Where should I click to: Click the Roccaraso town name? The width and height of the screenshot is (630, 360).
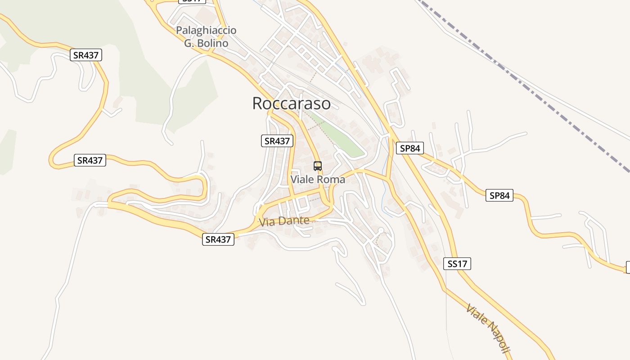click(x=291, y=103)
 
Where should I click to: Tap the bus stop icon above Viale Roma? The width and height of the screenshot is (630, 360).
click(x=318, y=166)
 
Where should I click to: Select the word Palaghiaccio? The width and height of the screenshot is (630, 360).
click(x=206, y=31)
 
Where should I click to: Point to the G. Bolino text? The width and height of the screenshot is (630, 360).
click(x=206, y=43)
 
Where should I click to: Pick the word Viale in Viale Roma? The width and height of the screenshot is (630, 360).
click(x=302, y=180)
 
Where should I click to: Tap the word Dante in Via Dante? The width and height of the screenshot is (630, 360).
click(x=294, y=220)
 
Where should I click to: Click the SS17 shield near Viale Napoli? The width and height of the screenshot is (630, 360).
click(x=457, y=264)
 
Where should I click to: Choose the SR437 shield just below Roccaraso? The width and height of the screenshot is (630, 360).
click(x=277, y=141)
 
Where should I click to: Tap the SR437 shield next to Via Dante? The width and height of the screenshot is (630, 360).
click(x=218, y=239)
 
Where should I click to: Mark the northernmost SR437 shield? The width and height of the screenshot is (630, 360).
click(x=86, y=55)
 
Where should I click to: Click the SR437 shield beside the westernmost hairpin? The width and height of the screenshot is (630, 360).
click(x=90, y=160)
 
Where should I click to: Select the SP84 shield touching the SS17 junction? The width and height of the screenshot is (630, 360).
click(x=410, y=148)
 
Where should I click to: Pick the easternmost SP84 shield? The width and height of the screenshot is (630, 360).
click(x=499, y=195)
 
